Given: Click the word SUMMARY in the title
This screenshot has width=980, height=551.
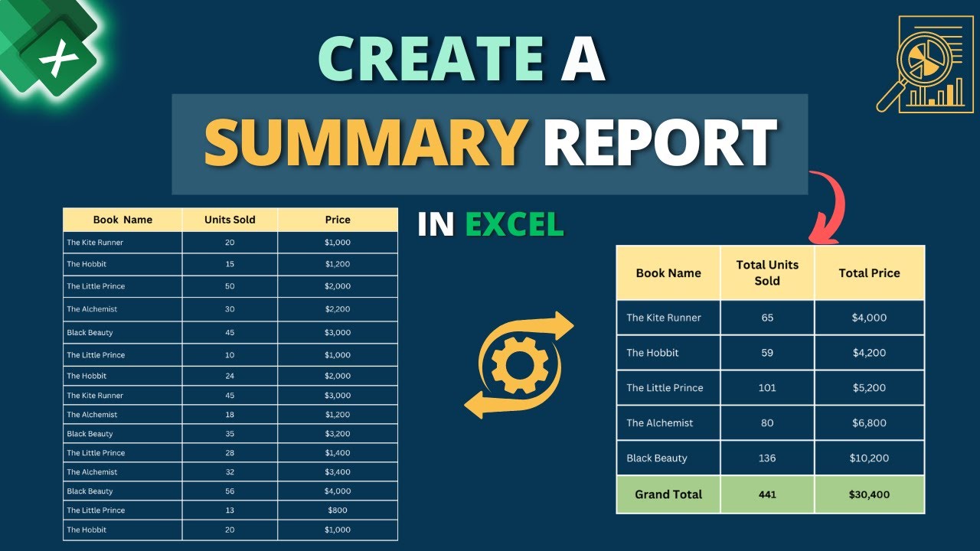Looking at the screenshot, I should click(364, 143).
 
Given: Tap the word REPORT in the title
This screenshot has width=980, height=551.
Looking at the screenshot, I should click(661, 143).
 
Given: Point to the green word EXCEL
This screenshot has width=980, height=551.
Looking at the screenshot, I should click(514, 224).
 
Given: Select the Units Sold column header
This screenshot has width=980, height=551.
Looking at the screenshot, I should click(230, 220).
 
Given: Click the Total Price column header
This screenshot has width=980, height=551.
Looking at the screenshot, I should click(869, 273).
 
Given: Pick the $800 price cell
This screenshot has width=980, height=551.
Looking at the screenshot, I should click(337, 510).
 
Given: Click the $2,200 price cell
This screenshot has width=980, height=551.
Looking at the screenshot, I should click(337, 309).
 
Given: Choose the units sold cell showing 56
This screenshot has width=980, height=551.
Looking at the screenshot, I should click(230, 491).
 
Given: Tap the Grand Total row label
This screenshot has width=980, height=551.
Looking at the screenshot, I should click(668, 494).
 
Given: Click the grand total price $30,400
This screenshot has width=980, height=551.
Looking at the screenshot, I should click(869, 494).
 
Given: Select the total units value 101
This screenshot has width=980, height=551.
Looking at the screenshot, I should click(766, 388).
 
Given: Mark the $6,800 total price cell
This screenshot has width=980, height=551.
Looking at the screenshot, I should click(869, 423).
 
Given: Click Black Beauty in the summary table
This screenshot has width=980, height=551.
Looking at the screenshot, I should click(657, 458).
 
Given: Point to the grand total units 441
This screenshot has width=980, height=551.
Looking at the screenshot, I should click(766, 494).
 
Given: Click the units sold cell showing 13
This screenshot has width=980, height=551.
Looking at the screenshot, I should click(230, 510).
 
